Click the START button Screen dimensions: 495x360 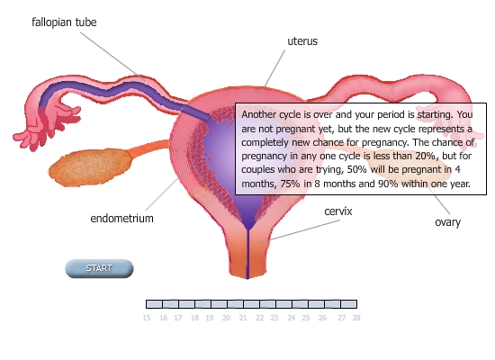click(99, 268)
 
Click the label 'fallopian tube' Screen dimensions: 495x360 click(64, 22)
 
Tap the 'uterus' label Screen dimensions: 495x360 click(302, 41)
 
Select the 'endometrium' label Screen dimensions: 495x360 click(121, 218)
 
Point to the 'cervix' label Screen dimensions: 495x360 click(338, 211)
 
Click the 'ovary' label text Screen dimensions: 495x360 click(447, 222)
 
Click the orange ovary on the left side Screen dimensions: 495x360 click(91, 167)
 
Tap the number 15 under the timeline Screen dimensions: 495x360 click(147, 318)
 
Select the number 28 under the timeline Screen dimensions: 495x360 click(356, 318)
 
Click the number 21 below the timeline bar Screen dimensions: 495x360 click(243, 318)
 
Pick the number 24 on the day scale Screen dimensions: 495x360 click(291, 318)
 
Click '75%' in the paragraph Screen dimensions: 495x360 click(290, 184)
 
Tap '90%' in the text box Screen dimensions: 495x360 click(388, 184)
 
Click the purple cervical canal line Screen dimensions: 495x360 click(247, 254)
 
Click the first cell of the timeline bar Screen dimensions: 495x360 click(155, 304)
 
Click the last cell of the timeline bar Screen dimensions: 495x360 click(349, 304)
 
